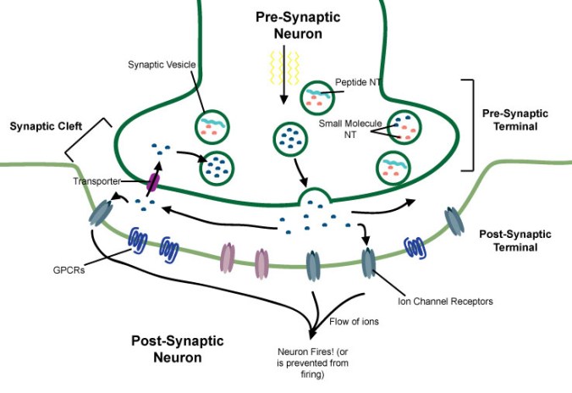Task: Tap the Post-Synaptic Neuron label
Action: [x=177, y=348]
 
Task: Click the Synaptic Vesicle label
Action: [x=162, y=64]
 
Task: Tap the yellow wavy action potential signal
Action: [x=283, y=63]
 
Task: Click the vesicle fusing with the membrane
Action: [x=315, y=198]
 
